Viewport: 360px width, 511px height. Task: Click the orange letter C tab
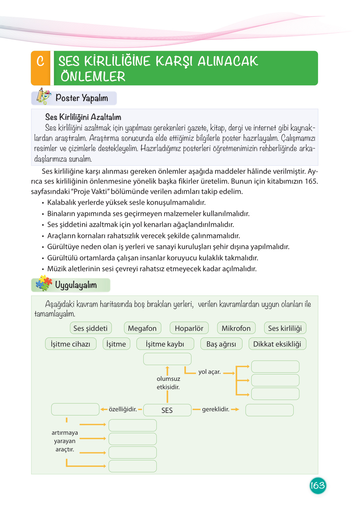click(41, 68)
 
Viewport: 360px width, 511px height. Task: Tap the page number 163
click(317, 485)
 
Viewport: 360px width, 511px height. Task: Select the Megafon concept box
click(142, 328)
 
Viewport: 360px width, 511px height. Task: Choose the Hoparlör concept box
click(189, 328)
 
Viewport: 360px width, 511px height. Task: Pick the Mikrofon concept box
click(236, 328)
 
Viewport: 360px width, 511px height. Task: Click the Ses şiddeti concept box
click(91, 328)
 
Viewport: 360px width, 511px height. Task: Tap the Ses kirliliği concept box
click(285, 328)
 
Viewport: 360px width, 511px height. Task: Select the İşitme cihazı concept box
click(71, 344)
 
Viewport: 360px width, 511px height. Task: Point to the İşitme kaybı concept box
click(165, 344)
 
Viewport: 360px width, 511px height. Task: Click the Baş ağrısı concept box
click(221, 344)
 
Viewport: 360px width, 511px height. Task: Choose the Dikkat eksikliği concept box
click(277, 344)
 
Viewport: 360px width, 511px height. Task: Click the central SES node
click(167, 410)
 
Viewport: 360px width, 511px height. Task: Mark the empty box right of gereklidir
click(269, 410)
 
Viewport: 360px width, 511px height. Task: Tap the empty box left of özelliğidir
click(75, 409)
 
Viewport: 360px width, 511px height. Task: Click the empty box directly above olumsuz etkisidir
click(167, 359)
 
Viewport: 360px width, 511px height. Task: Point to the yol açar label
click(209, 372)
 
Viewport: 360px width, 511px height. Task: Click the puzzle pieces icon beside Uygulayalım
click(44, 283)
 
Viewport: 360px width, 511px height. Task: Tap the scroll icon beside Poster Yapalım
click(43, 96)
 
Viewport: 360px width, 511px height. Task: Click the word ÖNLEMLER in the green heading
click(93, 77)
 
